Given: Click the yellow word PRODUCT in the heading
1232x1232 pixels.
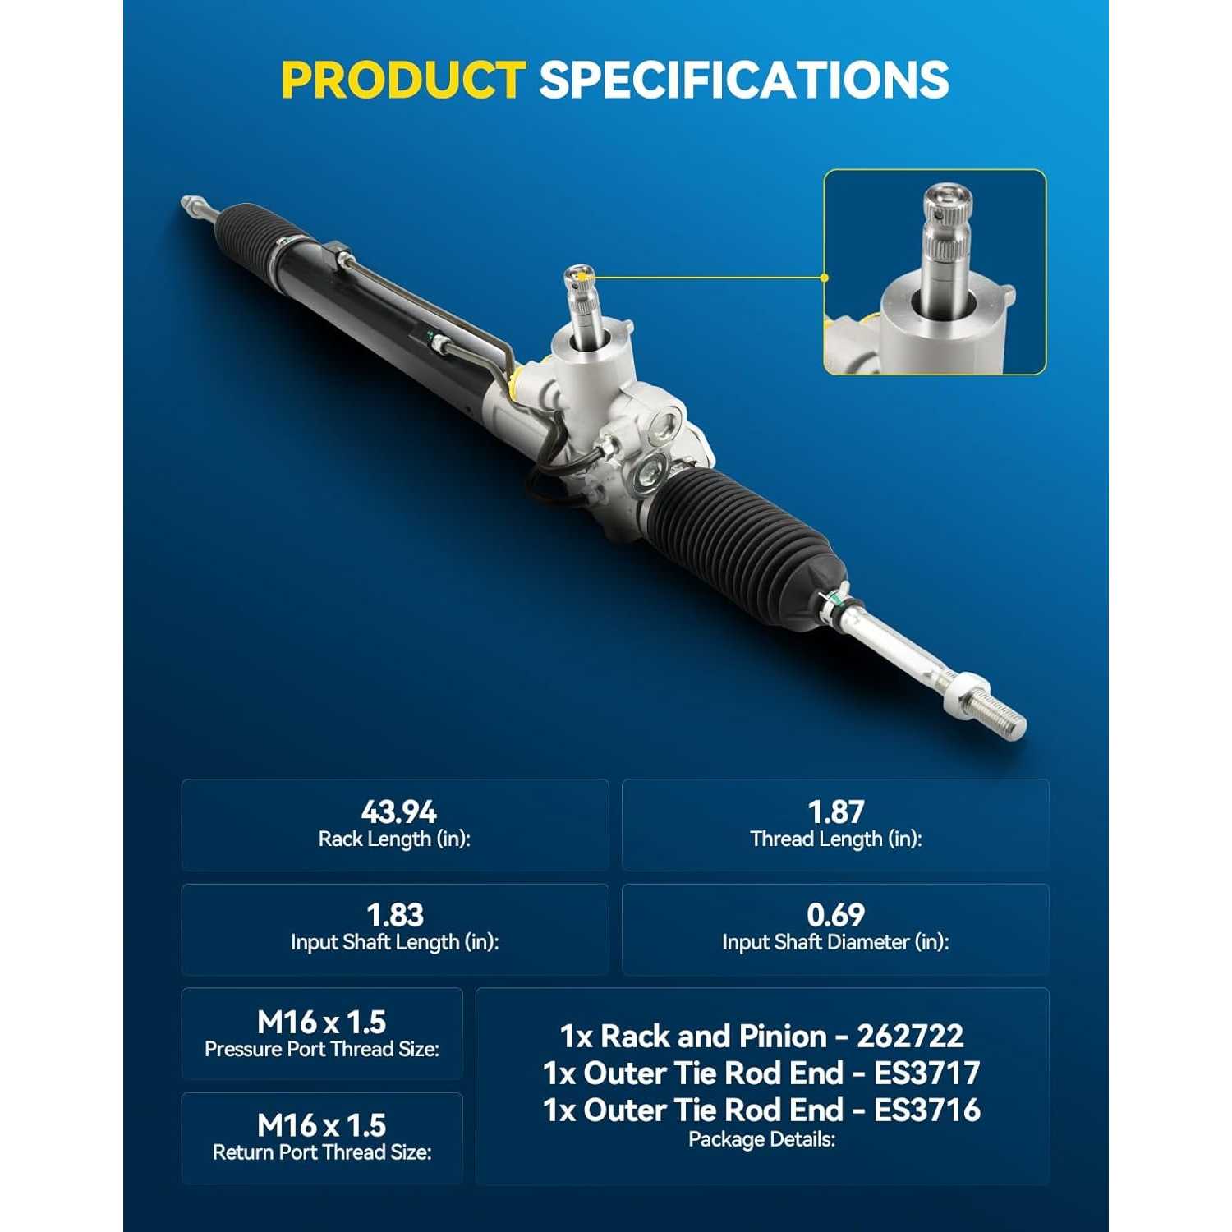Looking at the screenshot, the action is [403, 80].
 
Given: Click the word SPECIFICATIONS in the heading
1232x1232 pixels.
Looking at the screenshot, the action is [744, 80].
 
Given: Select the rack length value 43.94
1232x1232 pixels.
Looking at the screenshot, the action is [399, 811].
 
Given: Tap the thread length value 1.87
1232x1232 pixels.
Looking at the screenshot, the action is [836, 811].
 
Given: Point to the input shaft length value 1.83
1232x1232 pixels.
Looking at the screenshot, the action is [395, 915].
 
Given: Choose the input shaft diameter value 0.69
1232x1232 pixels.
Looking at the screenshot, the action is [836, 915].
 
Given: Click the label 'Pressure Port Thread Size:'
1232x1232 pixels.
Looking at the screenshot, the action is [322, 1049].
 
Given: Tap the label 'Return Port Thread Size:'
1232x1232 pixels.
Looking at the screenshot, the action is [322, 1152].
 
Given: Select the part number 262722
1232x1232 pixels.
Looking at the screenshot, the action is [910, 1037].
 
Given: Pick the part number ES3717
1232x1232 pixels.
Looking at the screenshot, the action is [927, 1073].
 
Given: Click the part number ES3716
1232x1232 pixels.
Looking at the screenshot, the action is [927, 1110].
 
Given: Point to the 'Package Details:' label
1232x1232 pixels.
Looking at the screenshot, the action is [762, 1139].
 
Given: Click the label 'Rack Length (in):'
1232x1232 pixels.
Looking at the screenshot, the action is [394, 839].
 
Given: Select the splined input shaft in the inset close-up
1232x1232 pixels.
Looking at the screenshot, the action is [948, 246].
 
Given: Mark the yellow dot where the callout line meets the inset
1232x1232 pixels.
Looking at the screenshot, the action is [825, 278].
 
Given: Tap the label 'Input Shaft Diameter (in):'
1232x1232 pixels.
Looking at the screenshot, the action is [836, 942].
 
